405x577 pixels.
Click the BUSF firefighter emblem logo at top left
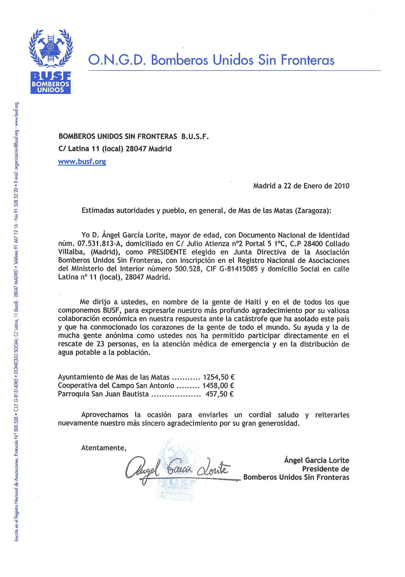pos(50,61)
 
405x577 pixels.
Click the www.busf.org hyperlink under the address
pos(82,162)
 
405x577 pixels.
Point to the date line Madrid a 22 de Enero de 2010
pos(301,186)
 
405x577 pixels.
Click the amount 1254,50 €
pos(218,377)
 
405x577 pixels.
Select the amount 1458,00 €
pos(218,385)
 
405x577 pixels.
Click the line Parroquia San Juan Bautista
pos(103,394)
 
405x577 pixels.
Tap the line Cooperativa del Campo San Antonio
pos(116,385)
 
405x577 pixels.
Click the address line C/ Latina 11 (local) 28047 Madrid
pos(115,149)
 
